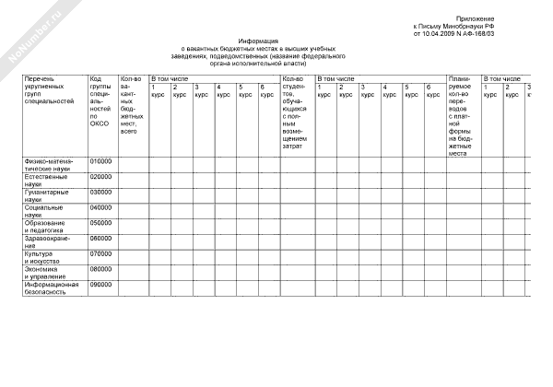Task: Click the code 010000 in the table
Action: point(100,160)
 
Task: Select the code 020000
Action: point(100,176)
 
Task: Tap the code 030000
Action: point(100,192)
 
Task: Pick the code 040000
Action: point(100,207)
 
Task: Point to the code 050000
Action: point(100,222)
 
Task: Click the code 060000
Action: point(100,238)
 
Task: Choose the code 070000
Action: point(100,253)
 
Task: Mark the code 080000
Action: point(100,269)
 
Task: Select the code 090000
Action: point(100,285)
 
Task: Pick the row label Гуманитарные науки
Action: point(47,195)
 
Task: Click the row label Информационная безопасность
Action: point(52,288)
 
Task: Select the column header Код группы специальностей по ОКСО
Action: point(100,101)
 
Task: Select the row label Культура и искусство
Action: point(46,257)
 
